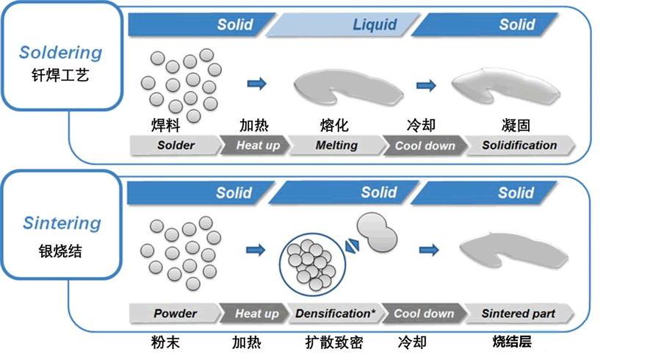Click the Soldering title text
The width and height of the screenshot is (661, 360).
point(60,53)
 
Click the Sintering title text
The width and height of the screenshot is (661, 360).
point(60,223)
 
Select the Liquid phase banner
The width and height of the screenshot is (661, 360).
point(375,25)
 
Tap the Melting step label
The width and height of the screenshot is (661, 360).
point(336,145)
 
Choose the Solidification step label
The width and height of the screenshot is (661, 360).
point(519,145)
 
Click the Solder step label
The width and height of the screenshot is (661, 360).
point(176,145)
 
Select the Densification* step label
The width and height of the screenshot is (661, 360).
point(335,314)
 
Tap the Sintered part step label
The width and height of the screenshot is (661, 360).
point(518,314)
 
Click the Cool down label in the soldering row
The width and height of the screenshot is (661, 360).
point(425,145)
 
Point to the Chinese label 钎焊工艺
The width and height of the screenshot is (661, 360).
point(60,74)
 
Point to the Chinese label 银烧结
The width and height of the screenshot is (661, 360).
point(60,251)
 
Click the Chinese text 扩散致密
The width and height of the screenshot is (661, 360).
point(333,342)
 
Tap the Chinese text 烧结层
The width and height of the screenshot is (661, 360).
point(512,342)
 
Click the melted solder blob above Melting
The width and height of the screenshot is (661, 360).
point(345,87)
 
